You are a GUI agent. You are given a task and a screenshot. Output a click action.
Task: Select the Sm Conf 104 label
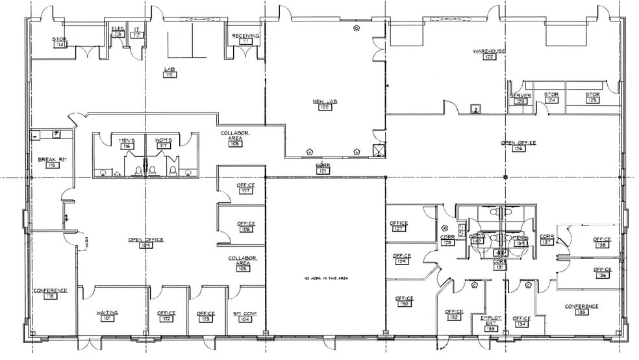tap(245, 316)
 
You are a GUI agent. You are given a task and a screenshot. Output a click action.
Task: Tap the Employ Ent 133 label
tap(491, 323)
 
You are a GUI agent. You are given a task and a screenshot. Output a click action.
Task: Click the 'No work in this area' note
tap(327, 278)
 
